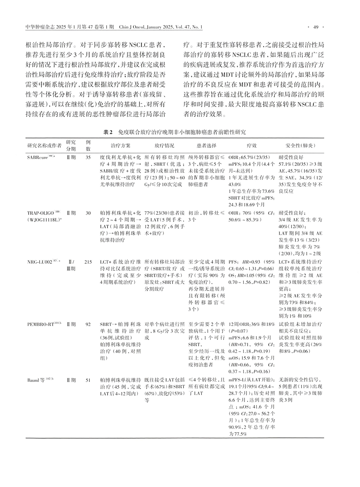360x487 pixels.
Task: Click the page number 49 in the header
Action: pyautogui.click(x=316, y=27)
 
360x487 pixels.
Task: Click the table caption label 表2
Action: pyautogui.click(x=109, y=133)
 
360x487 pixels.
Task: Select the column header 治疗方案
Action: pyautogui.click(x=120, y=146)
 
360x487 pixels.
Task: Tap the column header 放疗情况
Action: pyautogui.click(x=164, y=146)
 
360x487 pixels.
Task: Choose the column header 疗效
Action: pyautogui.click(x=251, y=146)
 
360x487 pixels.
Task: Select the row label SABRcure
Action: pyautogui.click(x=38, y=157)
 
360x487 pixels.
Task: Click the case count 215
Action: pyautogui.click(x=88, y=262)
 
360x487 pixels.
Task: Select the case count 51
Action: pyautogui.click(x=88, y=381)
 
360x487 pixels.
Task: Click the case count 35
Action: pyautogui.click(x=88, y=157)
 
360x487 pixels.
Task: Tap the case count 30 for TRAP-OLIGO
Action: pyautogui.click(x=88, y=213)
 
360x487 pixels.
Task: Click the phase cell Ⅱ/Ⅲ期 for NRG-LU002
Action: pyautogui.click(x=71, y=265)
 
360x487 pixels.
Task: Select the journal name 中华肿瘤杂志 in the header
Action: pyautogui.click(x=39, y=27)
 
